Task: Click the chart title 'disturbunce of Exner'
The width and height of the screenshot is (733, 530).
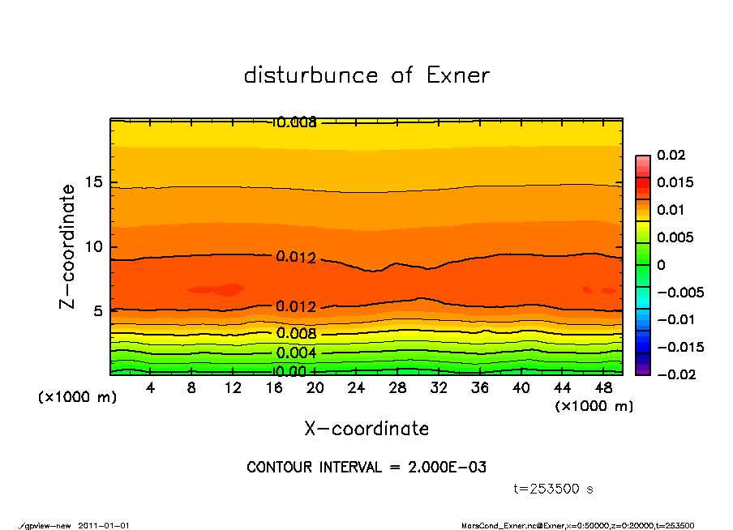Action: tap(366, 75)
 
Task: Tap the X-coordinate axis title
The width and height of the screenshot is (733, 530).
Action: tap(366, 429)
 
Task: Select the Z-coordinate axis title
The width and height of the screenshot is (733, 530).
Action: tap(68, 246)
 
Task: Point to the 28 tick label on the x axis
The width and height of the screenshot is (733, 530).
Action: tap(397, 388)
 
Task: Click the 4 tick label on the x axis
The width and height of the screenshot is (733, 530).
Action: tap(150, 388)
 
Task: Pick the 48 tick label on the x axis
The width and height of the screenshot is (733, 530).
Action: tap(604, 388)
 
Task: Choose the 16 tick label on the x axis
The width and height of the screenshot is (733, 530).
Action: tap(273, 388)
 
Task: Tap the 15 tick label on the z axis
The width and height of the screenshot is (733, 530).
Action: tap(94, 182)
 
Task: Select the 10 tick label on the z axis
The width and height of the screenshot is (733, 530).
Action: tap(94, 246)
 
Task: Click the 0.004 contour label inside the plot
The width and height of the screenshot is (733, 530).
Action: tap(296, 353)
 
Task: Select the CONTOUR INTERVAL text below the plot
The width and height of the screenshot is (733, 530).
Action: tap(366, 468)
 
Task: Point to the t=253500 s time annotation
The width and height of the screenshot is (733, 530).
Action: tap(554, 489)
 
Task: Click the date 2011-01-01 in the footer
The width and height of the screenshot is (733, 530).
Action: tap(104, 525)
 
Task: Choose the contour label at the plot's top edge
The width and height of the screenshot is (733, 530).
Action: tap(295, 122)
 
